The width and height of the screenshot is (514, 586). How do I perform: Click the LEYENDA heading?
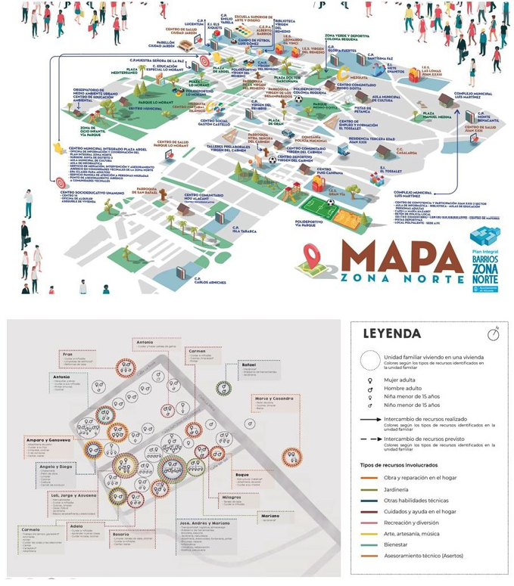click(x=391, y=333)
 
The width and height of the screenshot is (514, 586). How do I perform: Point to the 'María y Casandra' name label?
click(x=273, y=398)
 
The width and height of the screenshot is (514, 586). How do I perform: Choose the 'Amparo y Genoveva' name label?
click(x=48, y=439)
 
